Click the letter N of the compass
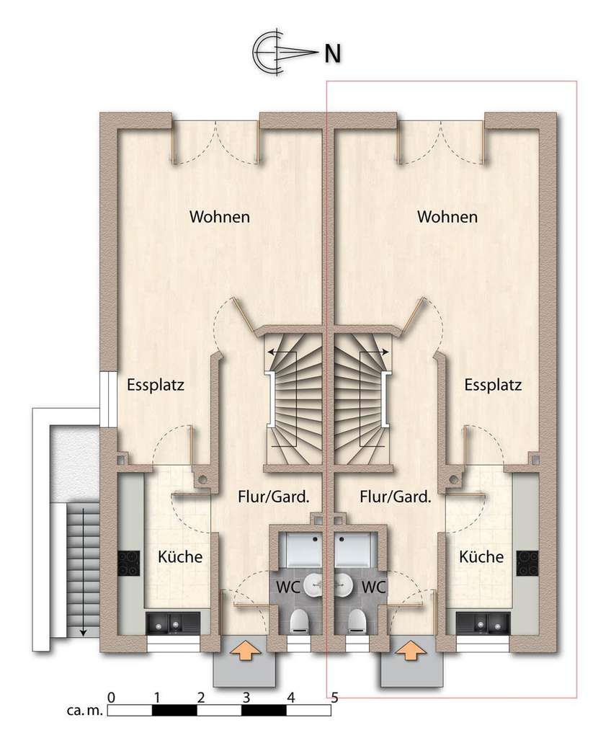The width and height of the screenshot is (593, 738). (332, 53)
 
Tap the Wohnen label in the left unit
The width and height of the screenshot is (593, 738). (220, 216)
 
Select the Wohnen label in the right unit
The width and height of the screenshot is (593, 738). (447, 216)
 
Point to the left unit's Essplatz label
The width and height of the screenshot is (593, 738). (156, 384)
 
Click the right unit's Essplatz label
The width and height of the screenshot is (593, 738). (493, 384)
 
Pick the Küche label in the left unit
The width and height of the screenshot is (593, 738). (179, 557)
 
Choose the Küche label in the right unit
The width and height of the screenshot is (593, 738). (481, 557)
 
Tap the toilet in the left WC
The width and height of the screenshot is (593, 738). (298, 621)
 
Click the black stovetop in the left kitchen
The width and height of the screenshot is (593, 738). (129, 562)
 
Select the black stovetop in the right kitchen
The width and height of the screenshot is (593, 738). (527, 562)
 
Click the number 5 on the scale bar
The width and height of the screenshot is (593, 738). (334, 698)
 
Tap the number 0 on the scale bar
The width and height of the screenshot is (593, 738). (110, 698)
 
